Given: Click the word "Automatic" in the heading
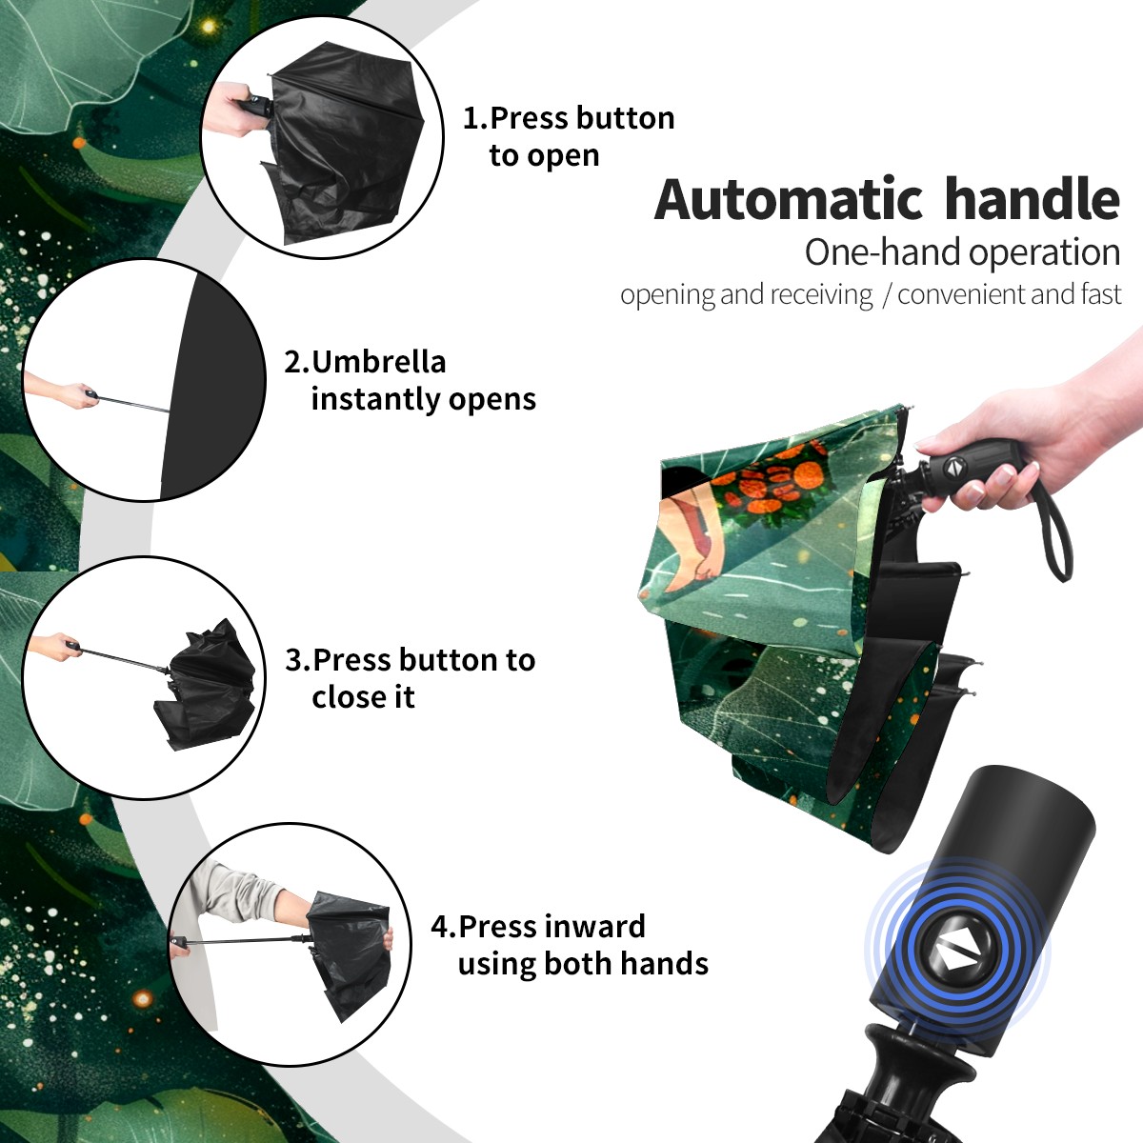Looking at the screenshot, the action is pos(789,199).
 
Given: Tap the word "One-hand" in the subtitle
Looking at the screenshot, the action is pos(883,252).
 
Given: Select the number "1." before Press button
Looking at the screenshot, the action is pos(474,118).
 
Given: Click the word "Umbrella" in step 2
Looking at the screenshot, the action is pos(378,362).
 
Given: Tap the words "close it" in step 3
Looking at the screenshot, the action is pos(363,696).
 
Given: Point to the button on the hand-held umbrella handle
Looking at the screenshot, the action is pos(953,466).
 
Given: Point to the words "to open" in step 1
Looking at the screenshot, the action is pos(544,156).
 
